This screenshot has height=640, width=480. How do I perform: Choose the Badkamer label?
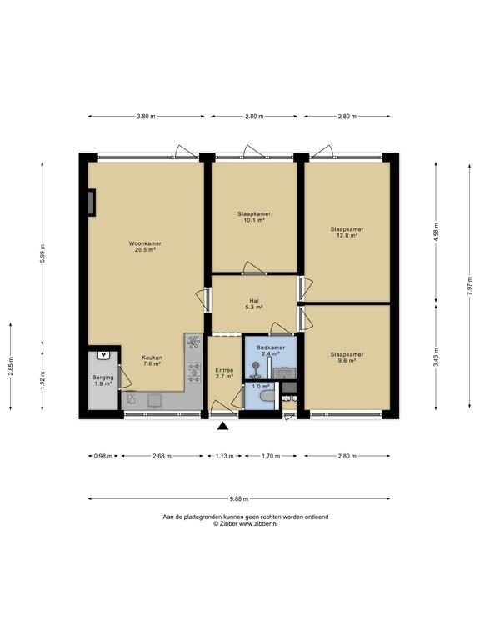click(x=271, y=347)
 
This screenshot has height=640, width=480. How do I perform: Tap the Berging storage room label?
click(x=102, y=377)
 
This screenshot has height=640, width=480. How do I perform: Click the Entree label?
click(x=224, y=370)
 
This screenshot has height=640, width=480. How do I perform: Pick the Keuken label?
click(x=152, y=357)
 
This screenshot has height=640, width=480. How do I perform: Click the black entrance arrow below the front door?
click(x=222, y=426)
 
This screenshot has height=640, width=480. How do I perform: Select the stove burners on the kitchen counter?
click(x=194, y=372)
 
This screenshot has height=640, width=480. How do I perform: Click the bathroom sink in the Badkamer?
click(x=284, y=372)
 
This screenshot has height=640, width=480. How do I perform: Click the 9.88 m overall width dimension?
click(x=239, y=498)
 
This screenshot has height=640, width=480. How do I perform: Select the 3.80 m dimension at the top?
click(x=146, y=117)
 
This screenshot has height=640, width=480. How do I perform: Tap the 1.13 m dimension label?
click(x=224, y=456)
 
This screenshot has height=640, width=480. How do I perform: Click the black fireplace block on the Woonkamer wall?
click(x=92, y=202)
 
